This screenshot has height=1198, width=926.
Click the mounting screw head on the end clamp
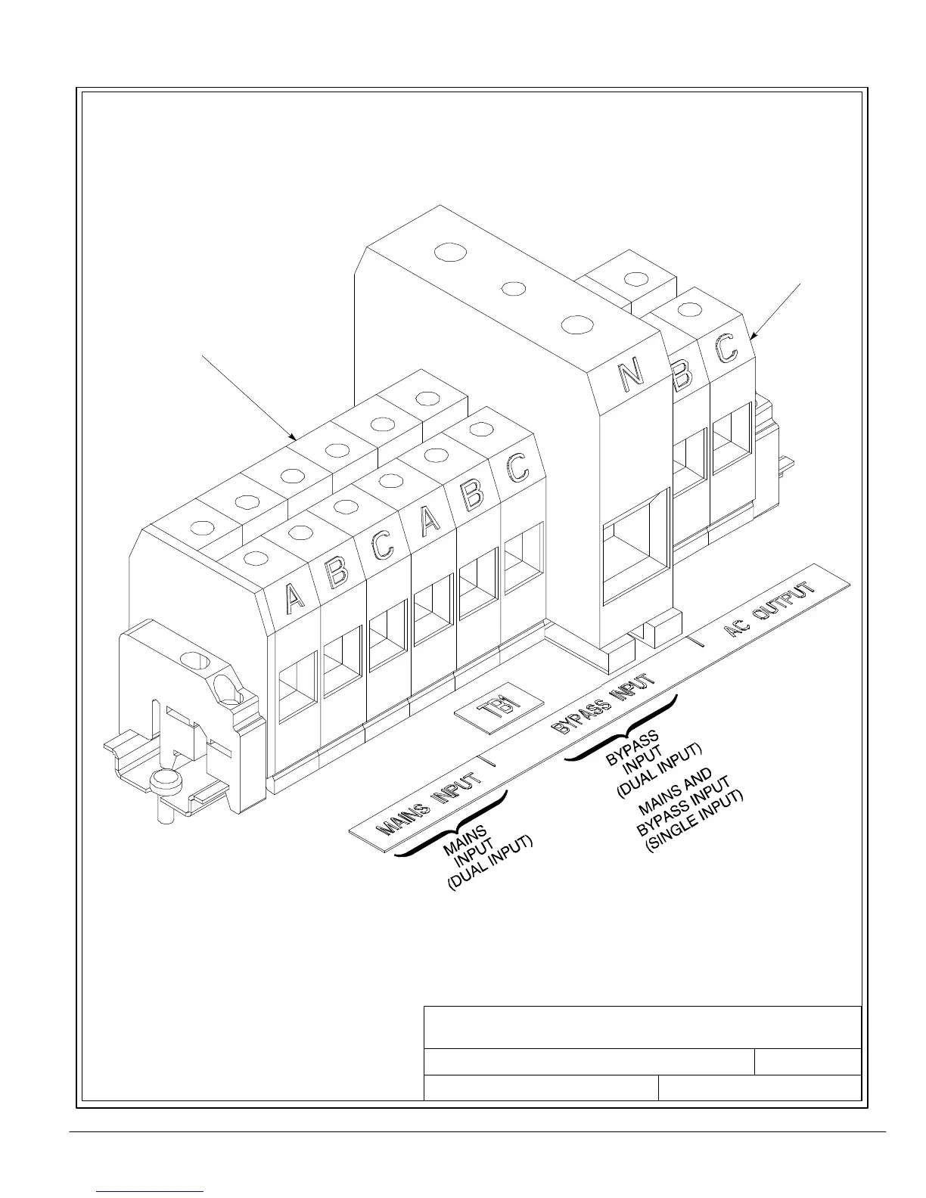(x=166, y=781)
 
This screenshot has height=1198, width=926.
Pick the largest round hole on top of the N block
(x=452, y=251)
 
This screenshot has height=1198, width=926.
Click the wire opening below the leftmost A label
(x=297, y=687)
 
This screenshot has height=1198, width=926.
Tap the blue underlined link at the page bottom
(x=151, y=1190)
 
